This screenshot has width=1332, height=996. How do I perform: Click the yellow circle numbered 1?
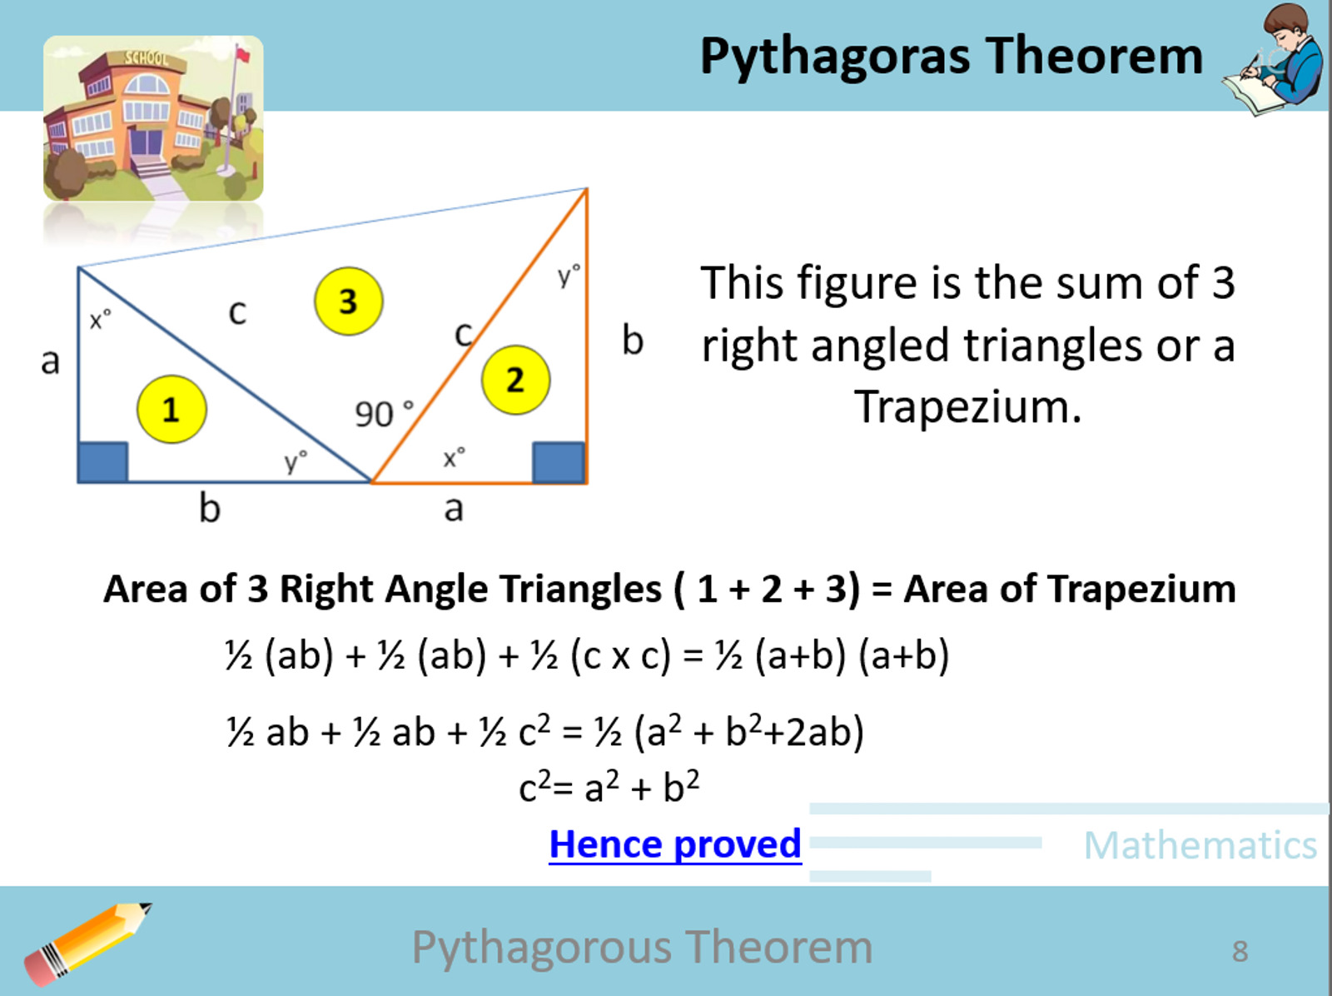[171, 409]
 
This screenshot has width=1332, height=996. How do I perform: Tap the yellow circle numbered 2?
[515, 380]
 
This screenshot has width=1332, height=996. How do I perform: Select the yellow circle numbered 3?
[348, 301]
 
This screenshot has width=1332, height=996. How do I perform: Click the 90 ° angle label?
[384, 413]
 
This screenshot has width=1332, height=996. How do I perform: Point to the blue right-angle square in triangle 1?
[102, 462]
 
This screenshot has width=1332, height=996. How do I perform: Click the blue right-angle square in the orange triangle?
[558, 462]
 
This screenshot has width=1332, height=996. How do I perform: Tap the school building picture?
[153, 117]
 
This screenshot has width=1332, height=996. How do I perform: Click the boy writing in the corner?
[1277, 58]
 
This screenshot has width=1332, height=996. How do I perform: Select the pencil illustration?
[87, 944]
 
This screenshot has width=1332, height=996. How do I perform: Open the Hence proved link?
[675, 844]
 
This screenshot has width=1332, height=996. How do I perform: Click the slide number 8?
[1240, 950]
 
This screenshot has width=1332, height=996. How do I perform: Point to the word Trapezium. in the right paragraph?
[967, 407]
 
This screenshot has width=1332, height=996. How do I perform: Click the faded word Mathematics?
[1200, 845]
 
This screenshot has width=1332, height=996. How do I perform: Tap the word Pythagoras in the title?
[835, 57]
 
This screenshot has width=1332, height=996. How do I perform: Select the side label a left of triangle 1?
[50, 361]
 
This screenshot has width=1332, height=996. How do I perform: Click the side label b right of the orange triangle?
[633, 341]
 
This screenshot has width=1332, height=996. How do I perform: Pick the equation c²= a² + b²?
[609, 787]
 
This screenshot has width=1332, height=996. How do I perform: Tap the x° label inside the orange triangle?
[454, 457]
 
